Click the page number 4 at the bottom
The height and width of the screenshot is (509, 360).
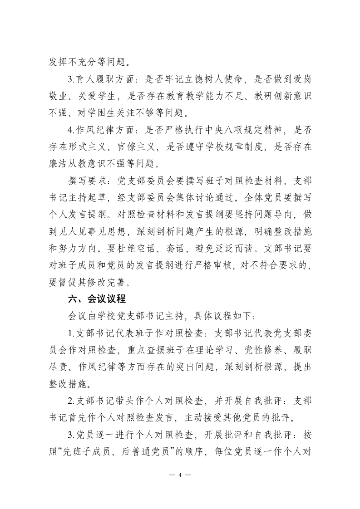click(x=180, y=475)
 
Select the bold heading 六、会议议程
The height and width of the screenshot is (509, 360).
click(x=97, y=299)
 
